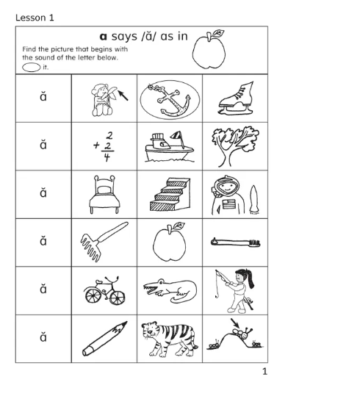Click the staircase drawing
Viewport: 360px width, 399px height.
pos(168,195)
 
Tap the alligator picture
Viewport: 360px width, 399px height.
pos(168,292)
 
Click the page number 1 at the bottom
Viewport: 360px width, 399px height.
pos(264,372)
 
